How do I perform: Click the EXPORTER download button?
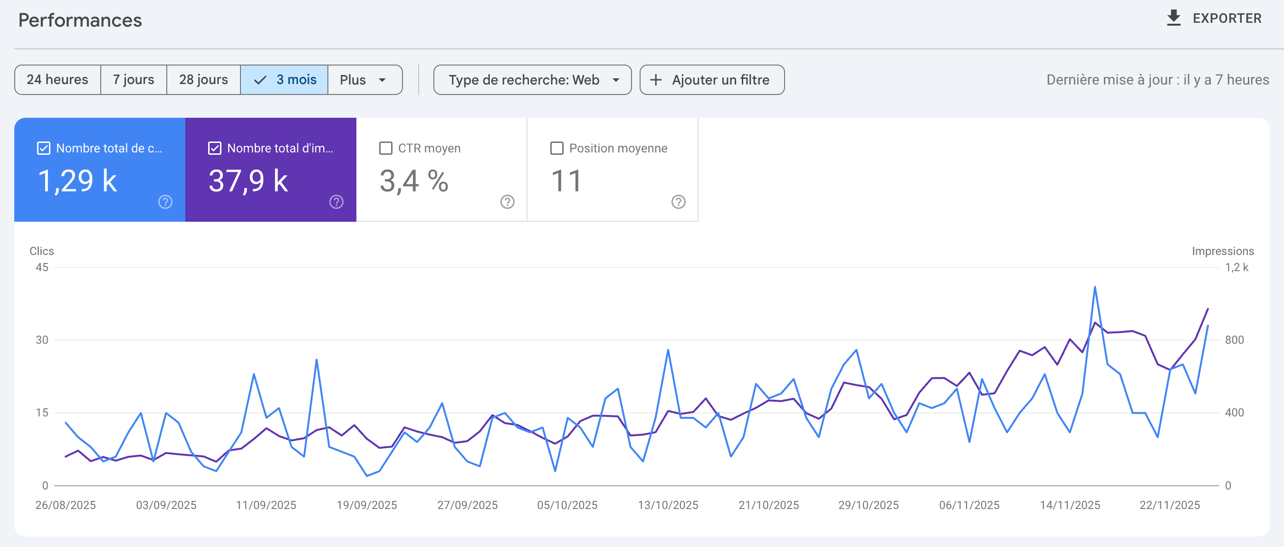click(x=1214, y=19)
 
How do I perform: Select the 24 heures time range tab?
click(x=57, y=80)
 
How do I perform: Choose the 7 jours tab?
click(x=134, y=80)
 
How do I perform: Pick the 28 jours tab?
click(x=203, y=80)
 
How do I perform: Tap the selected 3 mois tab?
click(x=285, y=80)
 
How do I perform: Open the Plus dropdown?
click(x=364, y=80)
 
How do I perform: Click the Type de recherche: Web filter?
click(x=532, y=80)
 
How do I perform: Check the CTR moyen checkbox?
click(x=386, y=149)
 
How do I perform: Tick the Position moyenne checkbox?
click(x=557, y=149)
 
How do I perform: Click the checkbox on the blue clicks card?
click(x=44, y=149)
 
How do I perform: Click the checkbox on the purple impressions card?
click(x=215, y=149)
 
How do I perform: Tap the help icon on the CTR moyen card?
click(x=508, y=202)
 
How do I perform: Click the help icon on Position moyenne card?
click(x=679, y=202)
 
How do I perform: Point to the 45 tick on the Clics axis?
click(x=42, y=267)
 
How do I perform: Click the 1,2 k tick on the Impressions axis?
click(x=1236, y=267)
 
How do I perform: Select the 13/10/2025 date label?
click(x=668, y=505)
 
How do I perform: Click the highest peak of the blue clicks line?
click(x=1095, y=287)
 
